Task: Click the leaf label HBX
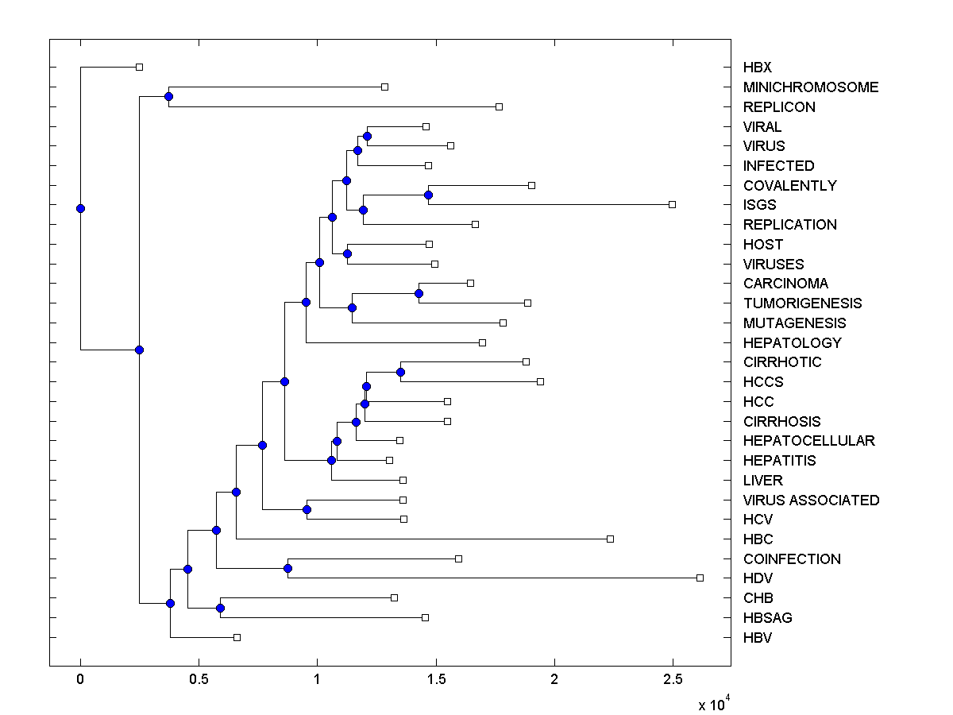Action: click(x=757, y=68)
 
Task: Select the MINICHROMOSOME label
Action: click(x=811, y=87)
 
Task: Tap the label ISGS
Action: click(x=760, y=205)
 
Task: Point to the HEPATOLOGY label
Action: click(x=792, y=343)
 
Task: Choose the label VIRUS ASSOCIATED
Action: click(x=811, y=500)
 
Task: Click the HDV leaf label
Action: click(x=758, y=578)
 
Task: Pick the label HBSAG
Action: click(x=767, y=618)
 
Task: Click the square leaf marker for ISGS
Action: click(x=672, y=204)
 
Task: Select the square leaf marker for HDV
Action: click(x=700, y=578)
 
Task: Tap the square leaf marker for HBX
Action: click(x=139, y=67)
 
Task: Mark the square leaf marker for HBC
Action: click(x=610, y=539)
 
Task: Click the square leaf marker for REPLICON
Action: click(x=499, y=106)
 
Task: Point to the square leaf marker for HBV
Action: click(x=237, y=637)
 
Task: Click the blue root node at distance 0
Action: click(x=80, y=208)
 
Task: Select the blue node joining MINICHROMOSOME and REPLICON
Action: click(x=168, y=97)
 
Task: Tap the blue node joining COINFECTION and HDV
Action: click(x=288, y=568)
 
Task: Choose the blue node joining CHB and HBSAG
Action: click(x=220, y=608)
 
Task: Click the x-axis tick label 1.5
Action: click(x=436, y=680)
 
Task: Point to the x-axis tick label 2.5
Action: click(x=673, y=680)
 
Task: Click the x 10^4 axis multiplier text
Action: click(x=714, y=704)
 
